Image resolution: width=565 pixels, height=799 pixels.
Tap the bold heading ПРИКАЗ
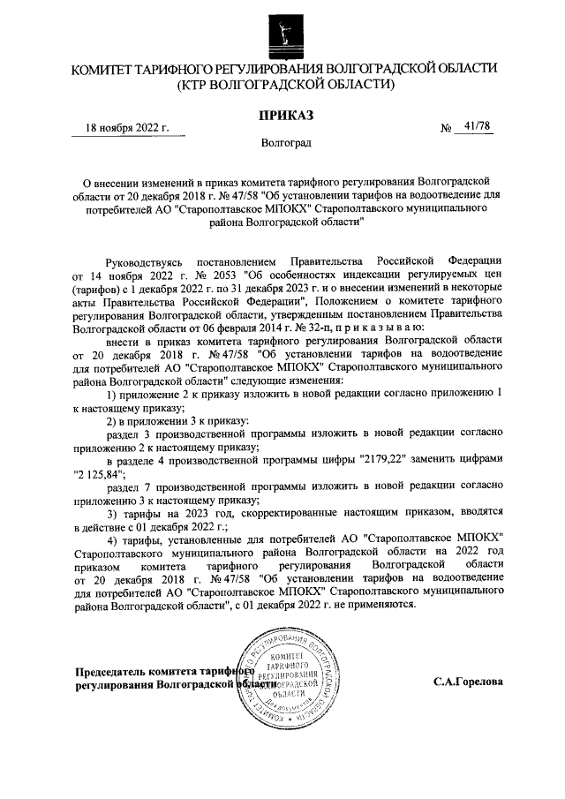coord(282,115)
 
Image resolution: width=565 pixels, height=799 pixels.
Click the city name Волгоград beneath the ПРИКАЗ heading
coord(285,142)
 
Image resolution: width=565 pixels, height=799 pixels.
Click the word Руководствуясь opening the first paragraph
coord(144,262)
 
